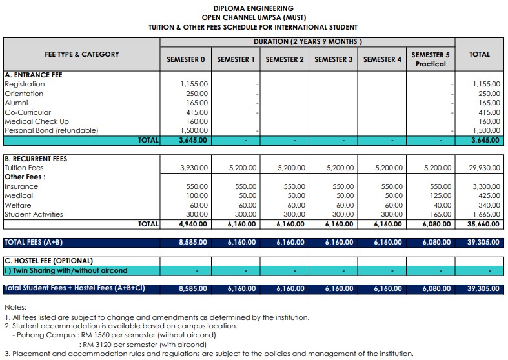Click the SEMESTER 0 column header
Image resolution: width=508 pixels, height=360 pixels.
pos(186,59)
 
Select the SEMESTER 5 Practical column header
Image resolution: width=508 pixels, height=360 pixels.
pos(431,59)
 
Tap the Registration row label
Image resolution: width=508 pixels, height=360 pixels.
pos(25,84)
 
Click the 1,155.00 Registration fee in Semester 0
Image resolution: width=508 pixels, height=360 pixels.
pos(194,84)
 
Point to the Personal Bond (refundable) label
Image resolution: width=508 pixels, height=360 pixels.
pos(52,130)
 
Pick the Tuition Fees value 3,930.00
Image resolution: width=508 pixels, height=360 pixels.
pos(194,168)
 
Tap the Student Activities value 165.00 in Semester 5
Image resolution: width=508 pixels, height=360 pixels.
pos(441,214)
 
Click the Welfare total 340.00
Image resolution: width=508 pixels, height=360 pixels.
pos(490,205)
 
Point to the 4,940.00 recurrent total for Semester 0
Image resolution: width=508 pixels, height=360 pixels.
pos(193,224)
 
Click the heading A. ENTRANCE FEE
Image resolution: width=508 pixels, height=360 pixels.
pos(34,75)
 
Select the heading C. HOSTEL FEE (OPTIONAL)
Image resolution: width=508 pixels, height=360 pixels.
pos(49,261)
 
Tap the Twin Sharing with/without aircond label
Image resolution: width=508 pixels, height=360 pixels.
pos(66,270)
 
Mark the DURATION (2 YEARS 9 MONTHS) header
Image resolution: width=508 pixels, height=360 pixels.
pos(308,42)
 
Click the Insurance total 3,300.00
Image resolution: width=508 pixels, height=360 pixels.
pos(486,186)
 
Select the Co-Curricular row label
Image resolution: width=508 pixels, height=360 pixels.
pos(28,112)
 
